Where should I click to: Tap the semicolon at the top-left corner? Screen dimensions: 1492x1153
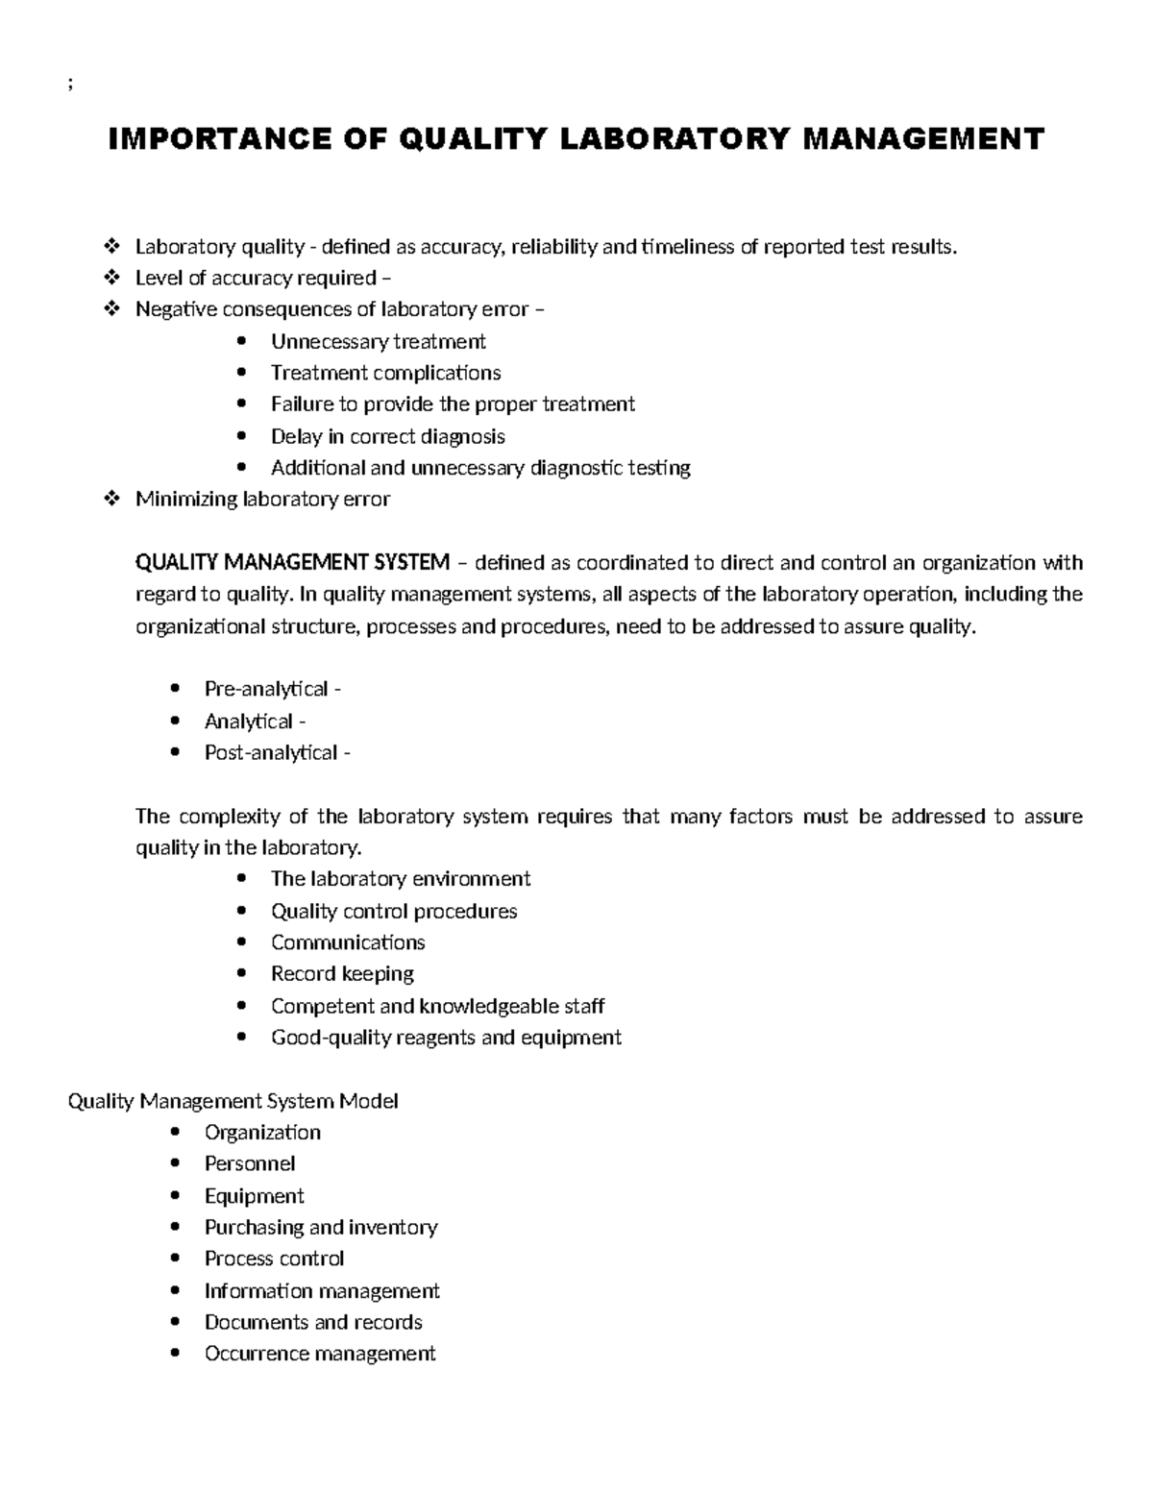(70, 84)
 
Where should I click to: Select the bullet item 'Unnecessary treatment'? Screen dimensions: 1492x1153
(378, 342)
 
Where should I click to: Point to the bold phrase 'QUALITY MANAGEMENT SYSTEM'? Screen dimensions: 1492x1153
(292, 562)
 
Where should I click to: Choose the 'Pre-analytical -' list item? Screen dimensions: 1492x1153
(272, 689)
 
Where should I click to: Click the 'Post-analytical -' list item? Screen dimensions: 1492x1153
(277, 752)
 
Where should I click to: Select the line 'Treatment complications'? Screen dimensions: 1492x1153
(385, 373)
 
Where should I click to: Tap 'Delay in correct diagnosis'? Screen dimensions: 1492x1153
(387, 436)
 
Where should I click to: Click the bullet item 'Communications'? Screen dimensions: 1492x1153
(348, 942)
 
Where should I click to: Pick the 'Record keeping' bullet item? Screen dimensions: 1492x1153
(342, 974)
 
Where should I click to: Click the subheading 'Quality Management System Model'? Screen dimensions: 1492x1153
(233, 1101)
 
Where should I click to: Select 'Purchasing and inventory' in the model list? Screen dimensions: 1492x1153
(321, 1227)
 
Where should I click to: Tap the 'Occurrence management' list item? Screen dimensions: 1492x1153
(320, 1354)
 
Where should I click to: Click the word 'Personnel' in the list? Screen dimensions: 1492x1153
(250, 1163)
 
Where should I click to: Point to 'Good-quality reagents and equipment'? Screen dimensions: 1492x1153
(446, 1038)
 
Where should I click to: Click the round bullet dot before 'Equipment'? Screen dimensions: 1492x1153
(174, 1196)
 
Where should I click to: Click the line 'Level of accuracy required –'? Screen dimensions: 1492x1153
(263, 279)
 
